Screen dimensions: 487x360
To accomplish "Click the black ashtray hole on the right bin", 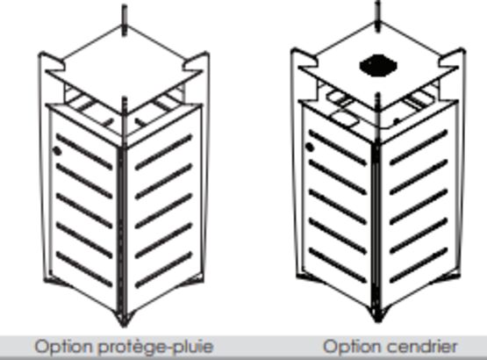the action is (378, 66).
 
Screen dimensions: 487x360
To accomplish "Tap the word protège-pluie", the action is (156, 347).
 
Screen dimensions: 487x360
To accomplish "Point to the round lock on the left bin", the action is (57, 151).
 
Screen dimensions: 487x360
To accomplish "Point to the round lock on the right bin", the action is (310, 147).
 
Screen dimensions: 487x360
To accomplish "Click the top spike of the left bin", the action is (125, 19).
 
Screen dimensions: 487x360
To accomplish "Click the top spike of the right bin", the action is (377, 16).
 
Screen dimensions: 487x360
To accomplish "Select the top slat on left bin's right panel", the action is (164, 152).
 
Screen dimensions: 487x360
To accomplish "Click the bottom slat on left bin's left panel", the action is (84, 269).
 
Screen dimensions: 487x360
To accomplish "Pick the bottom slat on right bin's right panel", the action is (419, 265).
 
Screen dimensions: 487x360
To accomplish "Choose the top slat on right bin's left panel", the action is (338, 148).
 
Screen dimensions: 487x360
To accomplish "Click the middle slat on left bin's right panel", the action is (164, 211).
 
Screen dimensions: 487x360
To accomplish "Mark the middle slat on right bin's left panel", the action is (338, 206).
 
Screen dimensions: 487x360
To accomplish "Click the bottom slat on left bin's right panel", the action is (164, 270).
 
